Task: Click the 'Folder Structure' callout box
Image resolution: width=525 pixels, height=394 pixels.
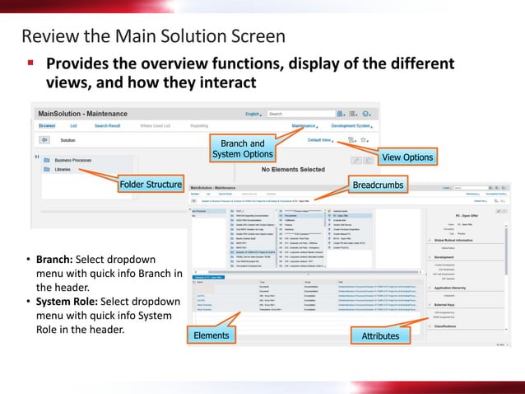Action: tap(151, 185)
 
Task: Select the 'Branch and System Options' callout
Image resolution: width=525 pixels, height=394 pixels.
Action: tap(243, 149)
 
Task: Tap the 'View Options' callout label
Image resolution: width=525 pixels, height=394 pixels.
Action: tap(407, 157)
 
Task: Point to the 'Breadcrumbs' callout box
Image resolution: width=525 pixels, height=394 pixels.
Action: tap(378, 185)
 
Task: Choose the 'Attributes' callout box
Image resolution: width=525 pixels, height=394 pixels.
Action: tap(380, 336)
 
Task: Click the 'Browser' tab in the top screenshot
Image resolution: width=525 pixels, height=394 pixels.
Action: tap(47, 126)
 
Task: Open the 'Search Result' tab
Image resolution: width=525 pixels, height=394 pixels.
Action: tap(107, 126)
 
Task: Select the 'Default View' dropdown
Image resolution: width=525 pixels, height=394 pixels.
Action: tap(320, 140)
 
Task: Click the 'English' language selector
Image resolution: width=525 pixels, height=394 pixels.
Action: tap(253, 114)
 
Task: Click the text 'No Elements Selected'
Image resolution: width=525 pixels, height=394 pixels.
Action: tap(292, 169)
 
